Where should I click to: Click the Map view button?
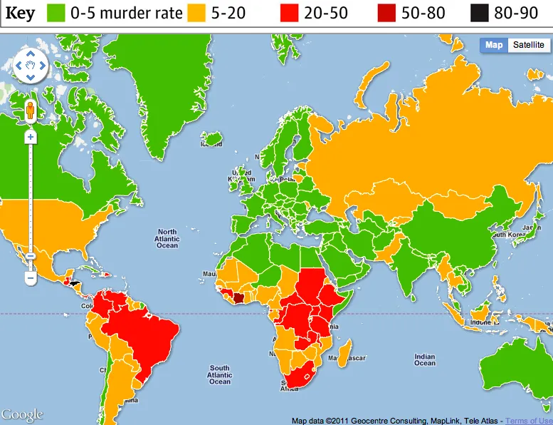(494, 45)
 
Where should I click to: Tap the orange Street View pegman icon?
(31, 111)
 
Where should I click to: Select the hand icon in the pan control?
(31, 66)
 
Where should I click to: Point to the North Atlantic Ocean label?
(167, 239)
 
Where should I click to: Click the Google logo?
(22, 414)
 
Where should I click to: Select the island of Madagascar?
(345, 352)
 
